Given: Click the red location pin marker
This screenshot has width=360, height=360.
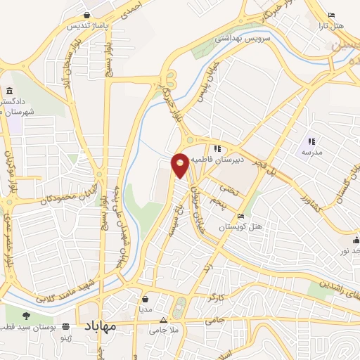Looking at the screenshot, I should (x=180, y=165).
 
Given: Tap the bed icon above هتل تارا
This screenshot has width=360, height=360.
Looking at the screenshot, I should (x=332, y=15).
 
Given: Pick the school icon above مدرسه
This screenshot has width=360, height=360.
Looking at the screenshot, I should (x=311, y=141).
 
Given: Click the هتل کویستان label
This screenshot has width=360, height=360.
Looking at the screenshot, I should (x=241, y=227).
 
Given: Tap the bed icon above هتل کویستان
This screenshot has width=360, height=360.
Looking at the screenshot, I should (x=241, y=217).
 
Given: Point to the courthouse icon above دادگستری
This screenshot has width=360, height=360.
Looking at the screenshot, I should (x=9, y=91).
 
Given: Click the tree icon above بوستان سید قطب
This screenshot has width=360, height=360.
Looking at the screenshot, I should (x=27, y=316).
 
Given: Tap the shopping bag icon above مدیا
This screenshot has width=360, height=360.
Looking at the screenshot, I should (x=145, y=298).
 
